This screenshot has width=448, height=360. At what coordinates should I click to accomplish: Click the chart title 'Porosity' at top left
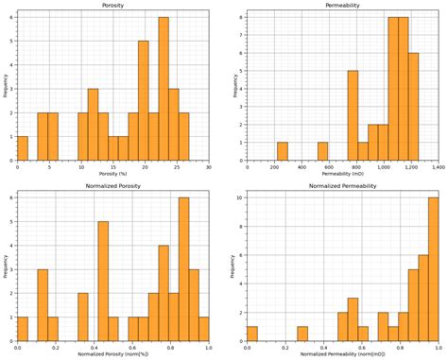[112, 5]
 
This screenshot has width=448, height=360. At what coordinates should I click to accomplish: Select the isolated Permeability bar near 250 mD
[282, 150]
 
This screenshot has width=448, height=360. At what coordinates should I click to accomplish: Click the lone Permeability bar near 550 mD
[322, 150]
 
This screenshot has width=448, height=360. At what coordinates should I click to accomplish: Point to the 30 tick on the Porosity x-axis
[208, 167]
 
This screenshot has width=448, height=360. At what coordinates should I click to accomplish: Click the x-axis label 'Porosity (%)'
[112, 175]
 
